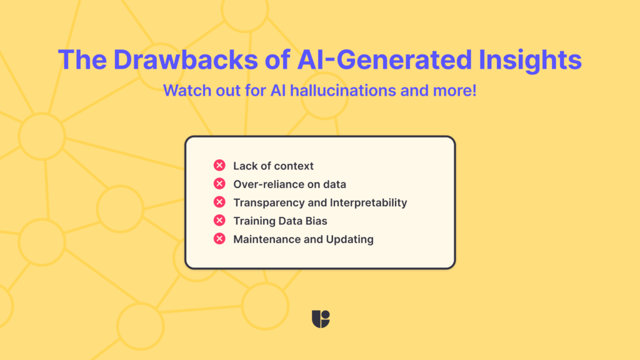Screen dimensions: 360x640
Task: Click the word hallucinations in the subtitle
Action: pyautogui.click(x=334, y=91)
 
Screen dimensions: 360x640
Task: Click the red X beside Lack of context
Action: pyautogui.click(x=219, y=166)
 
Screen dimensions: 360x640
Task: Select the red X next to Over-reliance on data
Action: pyautogui.click(x=219, y=184)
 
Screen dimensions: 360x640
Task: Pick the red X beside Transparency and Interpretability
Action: pyautogui.click(x=219, y=202)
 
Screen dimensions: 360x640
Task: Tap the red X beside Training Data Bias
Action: pyautogui.click(x=219, y=220)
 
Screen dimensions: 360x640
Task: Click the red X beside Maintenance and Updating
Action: pyautogui.click(x=219, y=239)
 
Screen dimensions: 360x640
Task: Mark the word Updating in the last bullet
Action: pyautogui.click(x=349, y=239)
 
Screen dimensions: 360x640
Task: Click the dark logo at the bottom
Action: pyautogui.click(x=320, y=319)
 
